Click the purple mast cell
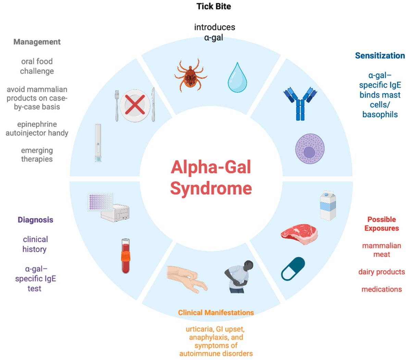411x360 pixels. [x=310, y=149]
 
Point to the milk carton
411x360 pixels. [x=327, y=205]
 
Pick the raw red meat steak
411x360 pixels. [x=299, y=233]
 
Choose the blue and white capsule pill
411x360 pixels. [x=293, y=268]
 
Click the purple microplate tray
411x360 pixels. [x=100, y=202]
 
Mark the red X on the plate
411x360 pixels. [x=135, y=105]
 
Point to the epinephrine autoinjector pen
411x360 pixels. [x=98, y=143]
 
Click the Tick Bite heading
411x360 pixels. [x=214, y=7]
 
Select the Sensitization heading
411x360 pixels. [x=379, y=55]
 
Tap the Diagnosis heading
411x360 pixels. [x=36, y=220]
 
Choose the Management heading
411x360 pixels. [x=37, y=42]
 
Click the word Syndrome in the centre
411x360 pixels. [x=211, y=188]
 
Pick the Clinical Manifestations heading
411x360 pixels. [x=216, y=312]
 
